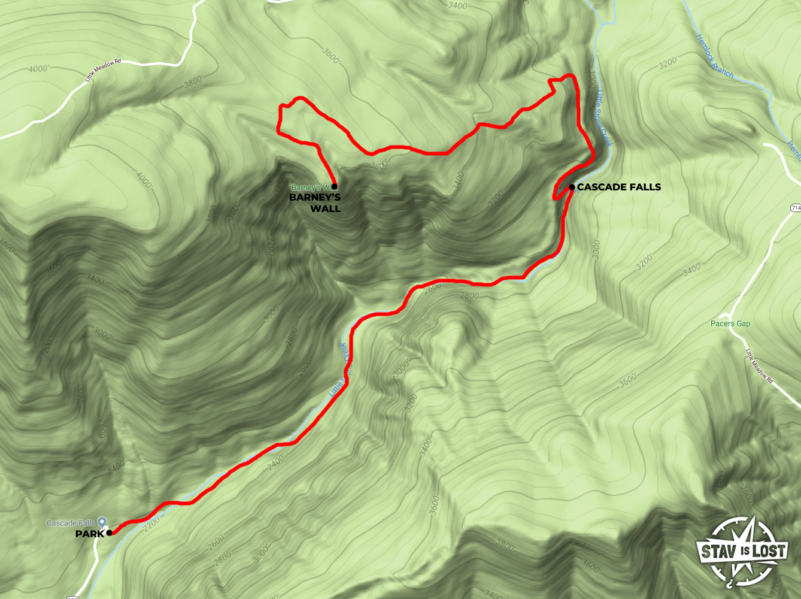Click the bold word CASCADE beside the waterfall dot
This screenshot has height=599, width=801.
pos(600,187)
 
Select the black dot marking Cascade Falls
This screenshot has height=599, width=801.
pos(572,187)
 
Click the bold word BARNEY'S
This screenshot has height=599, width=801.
pos(315,198)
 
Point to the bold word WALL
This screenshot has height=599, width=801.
pos(325,209)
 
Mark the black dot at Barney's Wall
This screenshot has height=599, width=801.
pos(334,187)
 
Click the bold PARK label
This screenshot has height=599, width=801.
pos(90,534)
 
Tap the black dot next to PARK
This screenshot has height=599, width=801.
pos(109,533)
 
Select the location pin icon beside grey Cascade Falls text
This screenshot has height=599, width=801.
pos(102,522)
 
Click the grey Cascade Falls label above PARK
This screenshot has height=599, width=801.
pos(71,523)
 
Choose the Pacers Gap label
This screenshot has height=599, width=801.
pos(730,324)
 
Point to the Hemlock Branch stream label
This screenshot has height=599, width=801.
pos(714,56)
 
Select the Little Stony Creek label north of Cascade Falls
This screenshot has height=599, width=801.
pos(605,118)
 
